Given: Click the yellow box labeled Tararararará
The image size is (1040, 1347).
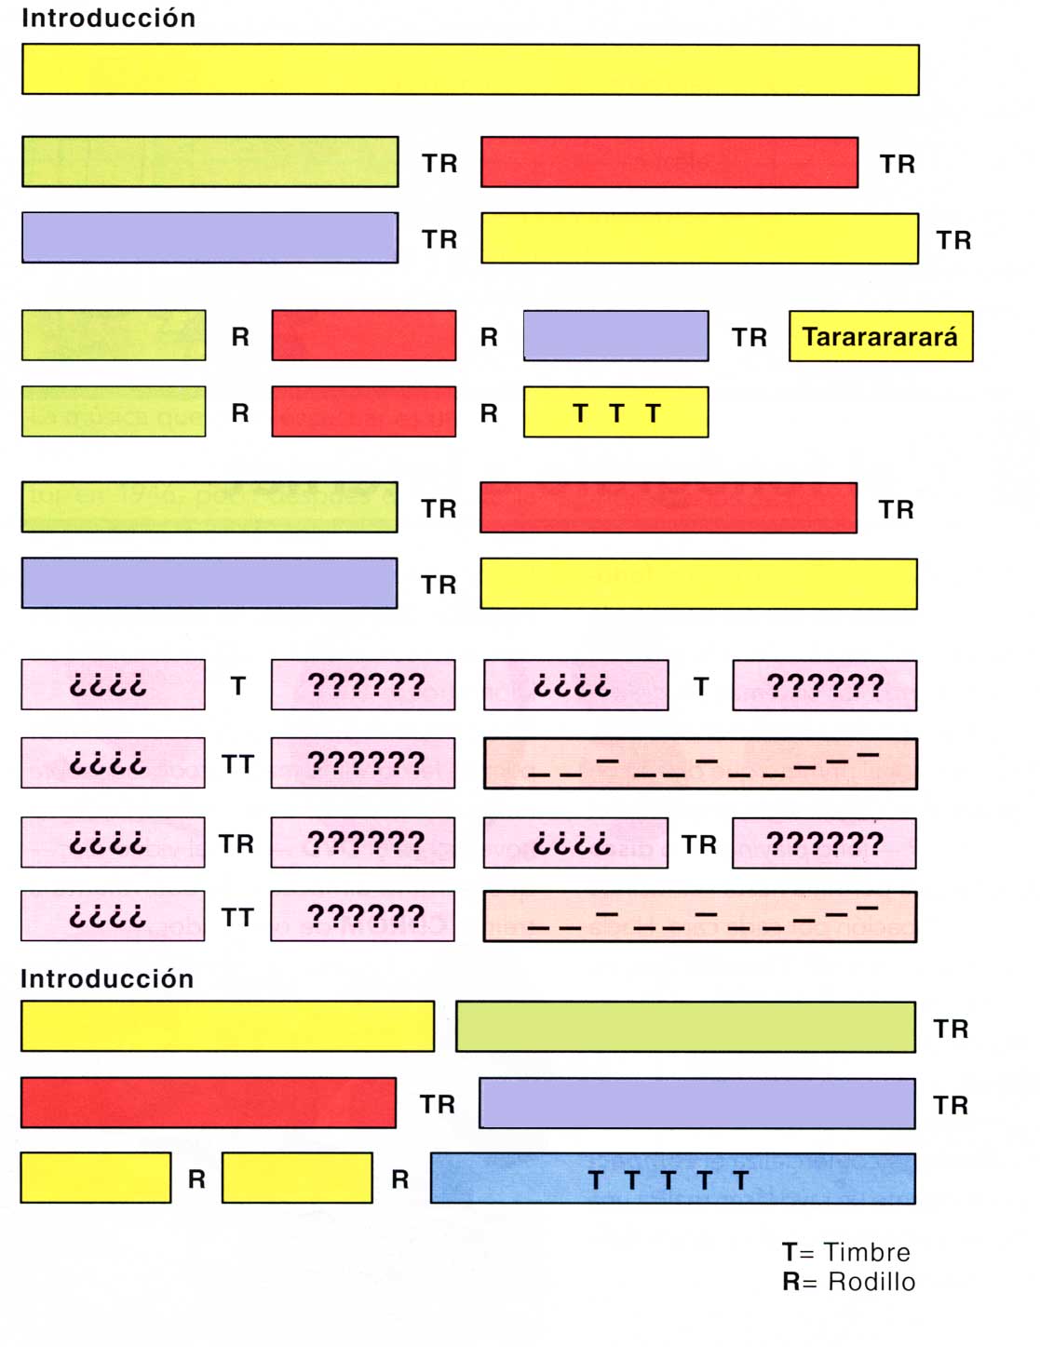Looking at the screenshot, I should pos(880,336).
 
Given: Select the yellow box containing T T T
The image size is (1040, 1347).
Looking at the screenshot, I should pos(615,412).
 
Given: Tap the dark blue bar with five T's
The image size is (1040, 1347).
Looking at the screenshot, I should pos(672,1179).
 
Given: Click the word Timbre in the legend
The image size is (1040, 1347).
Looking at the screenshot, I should pos(866,1252).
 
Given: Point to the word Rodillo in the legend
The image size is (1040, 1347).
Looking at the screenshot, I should pos(871,1282).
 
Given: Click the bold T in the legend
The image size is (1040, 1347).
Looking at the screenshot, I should pos(790,1252).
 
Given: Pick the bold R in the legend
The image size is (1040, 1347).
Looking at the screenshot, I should pos(790,1282).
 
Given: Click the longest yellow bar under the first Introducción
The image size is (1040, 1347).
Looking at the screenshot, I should pos(470,70).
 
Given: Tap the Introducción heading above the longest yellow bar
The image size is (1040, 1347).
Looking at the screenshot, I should pos(108,18).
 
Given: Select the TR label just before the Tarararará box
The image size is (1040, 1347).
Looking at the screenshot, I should pos(749,337).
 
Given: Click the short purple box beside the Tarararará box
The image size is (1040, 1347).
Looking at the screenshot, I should pos(615,336).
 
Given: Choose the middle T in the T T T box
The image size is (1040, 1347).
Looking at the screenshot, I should pos(616,413).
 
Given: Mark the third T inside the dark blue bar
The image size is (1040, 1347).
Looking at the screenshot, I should pos(668,1180).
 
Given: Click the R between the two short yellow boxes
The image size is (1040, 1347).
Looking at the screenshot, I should pos(196,1179).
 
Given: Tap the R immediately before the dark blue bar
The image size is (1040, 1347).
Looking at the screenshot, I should pos(399,1179).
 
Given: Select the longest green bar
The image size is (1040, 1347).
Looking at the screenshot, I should pos(685,1027).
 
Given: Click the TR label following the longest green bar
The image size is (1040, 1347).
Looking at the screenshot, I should pos(951,1029).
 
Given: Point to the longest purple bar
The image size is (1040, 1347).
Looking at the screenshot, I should pos(696,1103).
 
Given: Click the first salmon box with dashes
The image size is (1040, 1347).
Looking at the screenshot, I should pos(700,763).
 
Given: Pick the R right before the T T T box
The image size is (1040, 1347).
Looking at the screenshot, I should pos(489,413).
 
